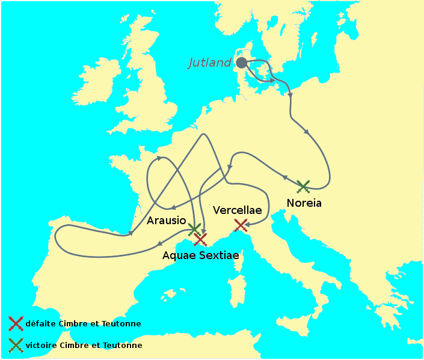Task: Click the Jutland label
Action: point(210,63)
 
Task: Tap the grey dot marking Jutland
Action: point(241,63)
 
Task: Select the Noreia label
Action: point(304,203)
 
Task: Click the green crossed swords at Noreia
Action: point(303,186)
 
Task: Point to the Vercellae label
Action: point(238,210)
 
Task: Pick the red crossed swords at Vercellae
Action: point(241,225)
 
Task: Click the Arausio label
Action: point(167,221)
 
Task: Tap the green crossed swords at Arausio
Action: point(194,229)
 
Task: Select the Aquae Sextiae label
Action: point(201,255)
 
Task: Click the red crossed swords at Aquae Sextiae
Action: point(200,239)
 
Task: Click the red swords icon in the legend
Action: point(16,323)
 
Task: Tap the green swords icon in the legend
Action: point(16,345)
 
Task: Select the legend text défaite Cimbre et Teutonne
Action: point(83,323)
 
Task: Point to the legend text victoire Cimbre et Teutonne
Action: point(84,346)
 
